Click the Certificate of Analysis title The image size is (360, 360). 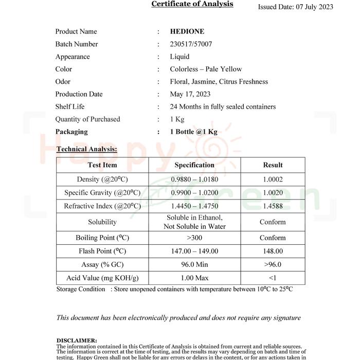[x=192, y=4]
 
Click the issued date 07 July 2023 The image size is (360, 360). [x=295, y=7]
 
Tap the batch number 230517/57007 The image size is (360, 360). [x=191, y=44]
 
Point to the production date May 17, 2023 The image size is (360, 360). [x=190, y=94]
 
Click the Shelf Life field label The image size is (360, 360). [x=70, y=106]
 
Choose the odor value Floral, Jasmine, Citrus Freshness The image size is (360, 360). [x=219, y=82]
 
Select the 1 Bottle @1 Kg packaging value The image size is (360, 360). [x=193, y=132]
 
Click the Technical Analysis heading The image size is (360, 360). [x=86, y=149]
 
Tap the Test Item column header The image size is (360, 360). [x=102, y=165]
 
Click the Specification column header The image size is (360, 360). [x=194, y=165]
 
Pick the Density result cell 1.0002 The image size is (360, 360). [x=273, y=179]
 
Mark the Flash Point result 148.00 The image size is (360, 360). [x=273, y=251]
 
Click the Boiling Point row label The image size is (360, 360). [x=102, y=238]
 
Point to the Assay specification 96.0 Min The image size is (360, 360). [x=194, y=264]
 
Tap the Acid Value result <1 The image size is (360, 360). [x=273, y=278]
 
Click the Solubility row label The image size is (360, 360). [x=102, y=222]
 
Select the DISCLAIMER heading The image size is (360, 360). [x=76, y=340]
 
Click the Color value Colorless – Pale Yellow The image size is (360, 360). [x=206, y=69]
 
